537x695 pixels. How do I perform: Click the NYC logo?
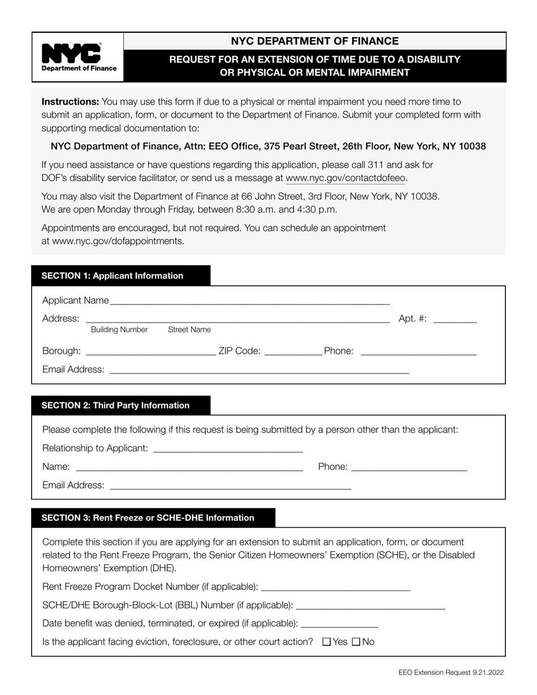coord(79,57)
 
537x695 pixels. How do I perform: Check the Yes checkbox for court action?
coord(326,642)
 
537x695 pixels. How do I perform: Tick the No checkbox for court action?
coord(356,642)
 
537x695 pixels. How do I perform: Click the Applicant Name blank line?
coord(250,301)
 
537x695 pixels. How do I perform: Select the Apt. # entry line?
coord(454,319)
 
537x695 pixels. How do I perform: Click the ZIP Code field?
coord(293,351)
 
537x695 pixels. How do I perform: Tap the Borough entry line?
coord(150,351)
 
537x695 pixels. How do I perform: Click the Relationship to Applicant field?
coord(228,449)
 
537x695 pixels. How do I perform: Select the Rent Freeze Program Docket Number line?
coord(336,587)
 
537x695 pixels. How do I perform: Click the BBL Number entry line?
coord(370,606)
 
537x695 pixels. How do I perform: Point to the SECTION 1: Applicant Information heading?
coord(112,276)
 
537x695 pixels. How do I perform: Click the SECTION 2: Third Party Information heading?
coord(115,405)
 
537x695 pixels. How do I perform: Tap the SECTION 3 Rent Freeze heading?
coord(148,518)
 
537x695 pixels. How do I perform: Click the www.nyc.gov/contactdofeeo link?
coord(346,178)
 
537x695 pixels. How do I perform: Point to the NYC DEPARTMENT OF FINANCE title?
coord(314,41)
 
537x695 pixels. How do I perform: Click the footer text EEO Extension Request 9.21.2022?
coord(451,672)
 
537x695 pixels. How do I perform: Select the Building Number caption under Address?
coord(119,330)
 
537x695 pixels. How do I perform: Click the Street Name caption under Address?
coord(189,330)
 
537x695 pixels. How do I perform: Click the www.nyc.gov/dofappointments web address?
coord(118,241)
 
